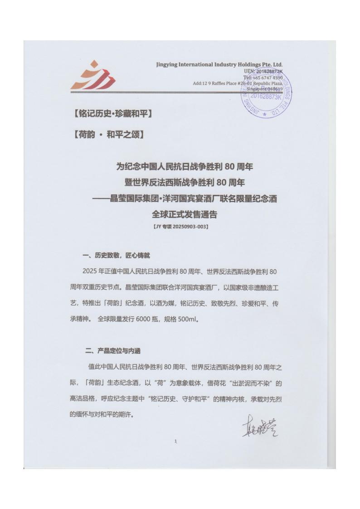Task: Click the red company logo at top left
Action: [x=92, y=76]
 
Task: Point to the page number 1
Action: [x=175, y=441]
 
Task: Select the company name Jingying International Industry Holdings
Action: [x=219, y=64]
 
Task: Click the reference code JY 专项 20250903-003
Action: [x=180, y=226]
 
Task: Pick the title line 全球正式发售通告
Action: [x=180, y=214]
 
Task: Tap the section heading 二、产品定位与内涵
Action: [x=116, y=351]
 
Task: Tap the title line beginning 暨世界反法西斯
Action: [x=180, y=183]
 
